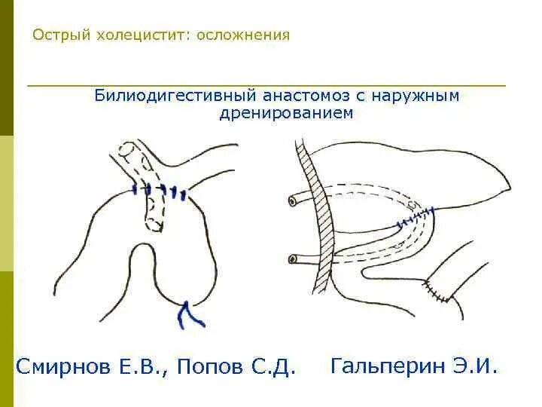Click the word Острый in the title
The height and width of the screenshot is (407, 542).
(58, 35)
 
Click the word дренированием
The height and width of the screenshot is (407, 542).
(286, 113)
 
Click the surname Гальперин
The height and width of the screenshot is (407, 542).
(388, 367)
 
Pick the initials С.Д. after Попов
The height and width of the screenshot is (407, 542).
(273, 368)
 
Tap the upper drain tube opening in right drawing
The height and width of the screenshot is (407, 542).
(291, 201)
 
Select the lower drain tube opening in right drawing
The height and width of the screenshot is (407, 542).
(291, 259)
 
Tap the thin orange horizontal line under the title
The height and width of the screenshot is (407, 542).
(266, 85)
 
